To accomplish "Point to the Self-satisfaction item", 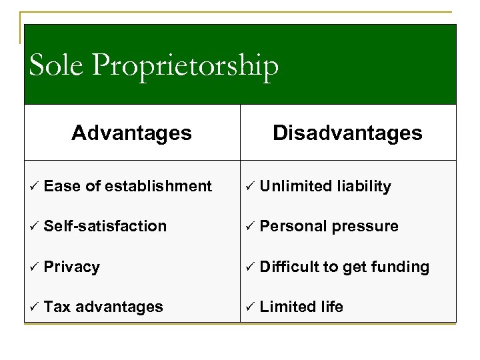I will [105, 227].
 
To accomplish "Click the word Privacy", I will [72, 267].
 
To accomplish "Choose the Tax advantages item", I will [103, 307].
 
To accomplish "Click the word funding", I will [399, 267].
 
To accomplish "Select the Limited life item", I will [301, 307].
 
